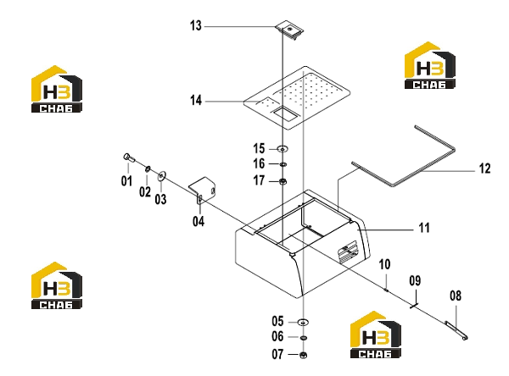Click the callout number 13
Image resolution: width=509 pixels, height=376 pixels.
pos(196,25)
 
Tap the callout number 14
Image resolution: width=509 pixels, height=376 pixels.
pos(196,101)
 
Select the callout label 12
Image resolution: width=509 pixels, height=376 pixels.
pos(485,169)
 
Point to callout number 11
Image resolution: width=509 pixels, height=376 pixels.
pos(424,228)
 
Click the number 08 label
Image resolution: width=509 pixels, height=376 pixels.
pos(456,296)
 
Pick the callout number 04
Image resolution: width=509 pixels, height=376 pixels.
pos(199,221)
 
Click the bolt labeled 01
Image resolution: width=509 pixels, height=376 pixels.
pos(129,158)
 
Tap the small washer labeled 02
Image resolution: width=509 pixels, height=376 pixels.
pos(148,169)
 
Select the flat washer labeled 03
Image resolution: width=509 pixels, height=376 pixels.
pos(161,176)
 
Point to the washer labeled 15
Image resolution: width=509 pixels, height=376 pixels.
pos(282,149)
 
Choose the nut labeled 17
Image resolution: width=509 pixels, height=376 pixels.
pos(282,181)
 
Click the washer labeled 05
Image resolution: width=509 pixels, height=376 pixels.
pos(303,322)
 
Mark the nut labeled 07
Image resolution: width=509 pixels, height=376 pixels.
pos(303,355)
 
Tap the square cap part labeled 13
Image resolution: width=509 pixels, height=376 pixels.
pos(290,30)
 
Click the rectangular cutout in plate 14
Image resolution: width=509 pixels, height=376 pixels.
pos(285,113)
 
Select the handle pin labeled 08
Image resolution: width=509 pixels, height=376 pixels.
pos(456,331)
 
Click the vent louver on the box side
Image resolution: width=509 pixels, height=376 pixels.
pos(347,252)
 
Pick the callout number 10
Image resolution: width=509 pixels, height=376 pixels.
pos(384,264)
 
